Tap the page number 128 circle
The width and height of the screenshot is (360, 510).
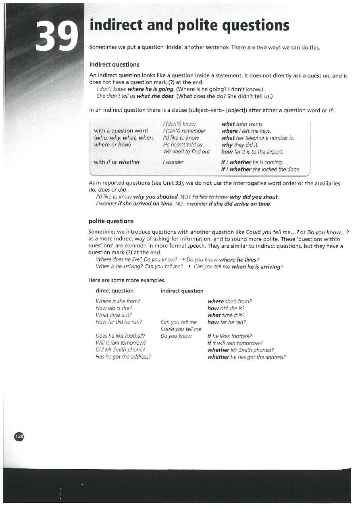pyautogui.click(x=19, y=436)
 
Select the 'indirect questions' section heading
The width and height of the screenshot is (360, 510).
pyautogui.click(x=114, y=65)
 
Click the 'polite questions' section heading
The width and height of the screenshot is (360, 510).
pyautogui.click(x=111, y=221)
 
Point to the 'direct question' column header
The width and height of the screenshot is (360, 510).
pyautogui.click(x=114, y=291)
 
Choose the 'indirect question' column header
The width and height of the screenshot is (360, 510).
pyautogui.click(x=182, y=291)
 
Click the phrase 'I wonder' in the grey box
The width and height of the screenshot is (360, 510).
pyautogui.click(x=173, y=162)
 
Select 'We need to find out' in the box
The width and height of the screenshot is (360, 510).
pyautogui.click(x=186, y=152)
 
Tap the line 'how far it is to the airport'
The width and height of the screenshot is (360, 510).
pyautogui.click(x=252, y=152)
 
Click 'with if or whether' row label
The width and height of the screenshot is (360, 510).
pyautogui.click(x=117, y=162)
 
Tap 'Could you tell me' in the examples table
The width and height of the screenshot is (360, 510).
pyautogui.click(x=181, y=329)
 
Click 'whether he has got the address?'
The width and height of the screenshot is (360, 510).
pyautogui.click(x=246, y=357)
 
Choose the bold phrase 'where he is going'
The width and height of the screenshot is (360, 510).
pyautogui.click(x=150, y=89)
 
